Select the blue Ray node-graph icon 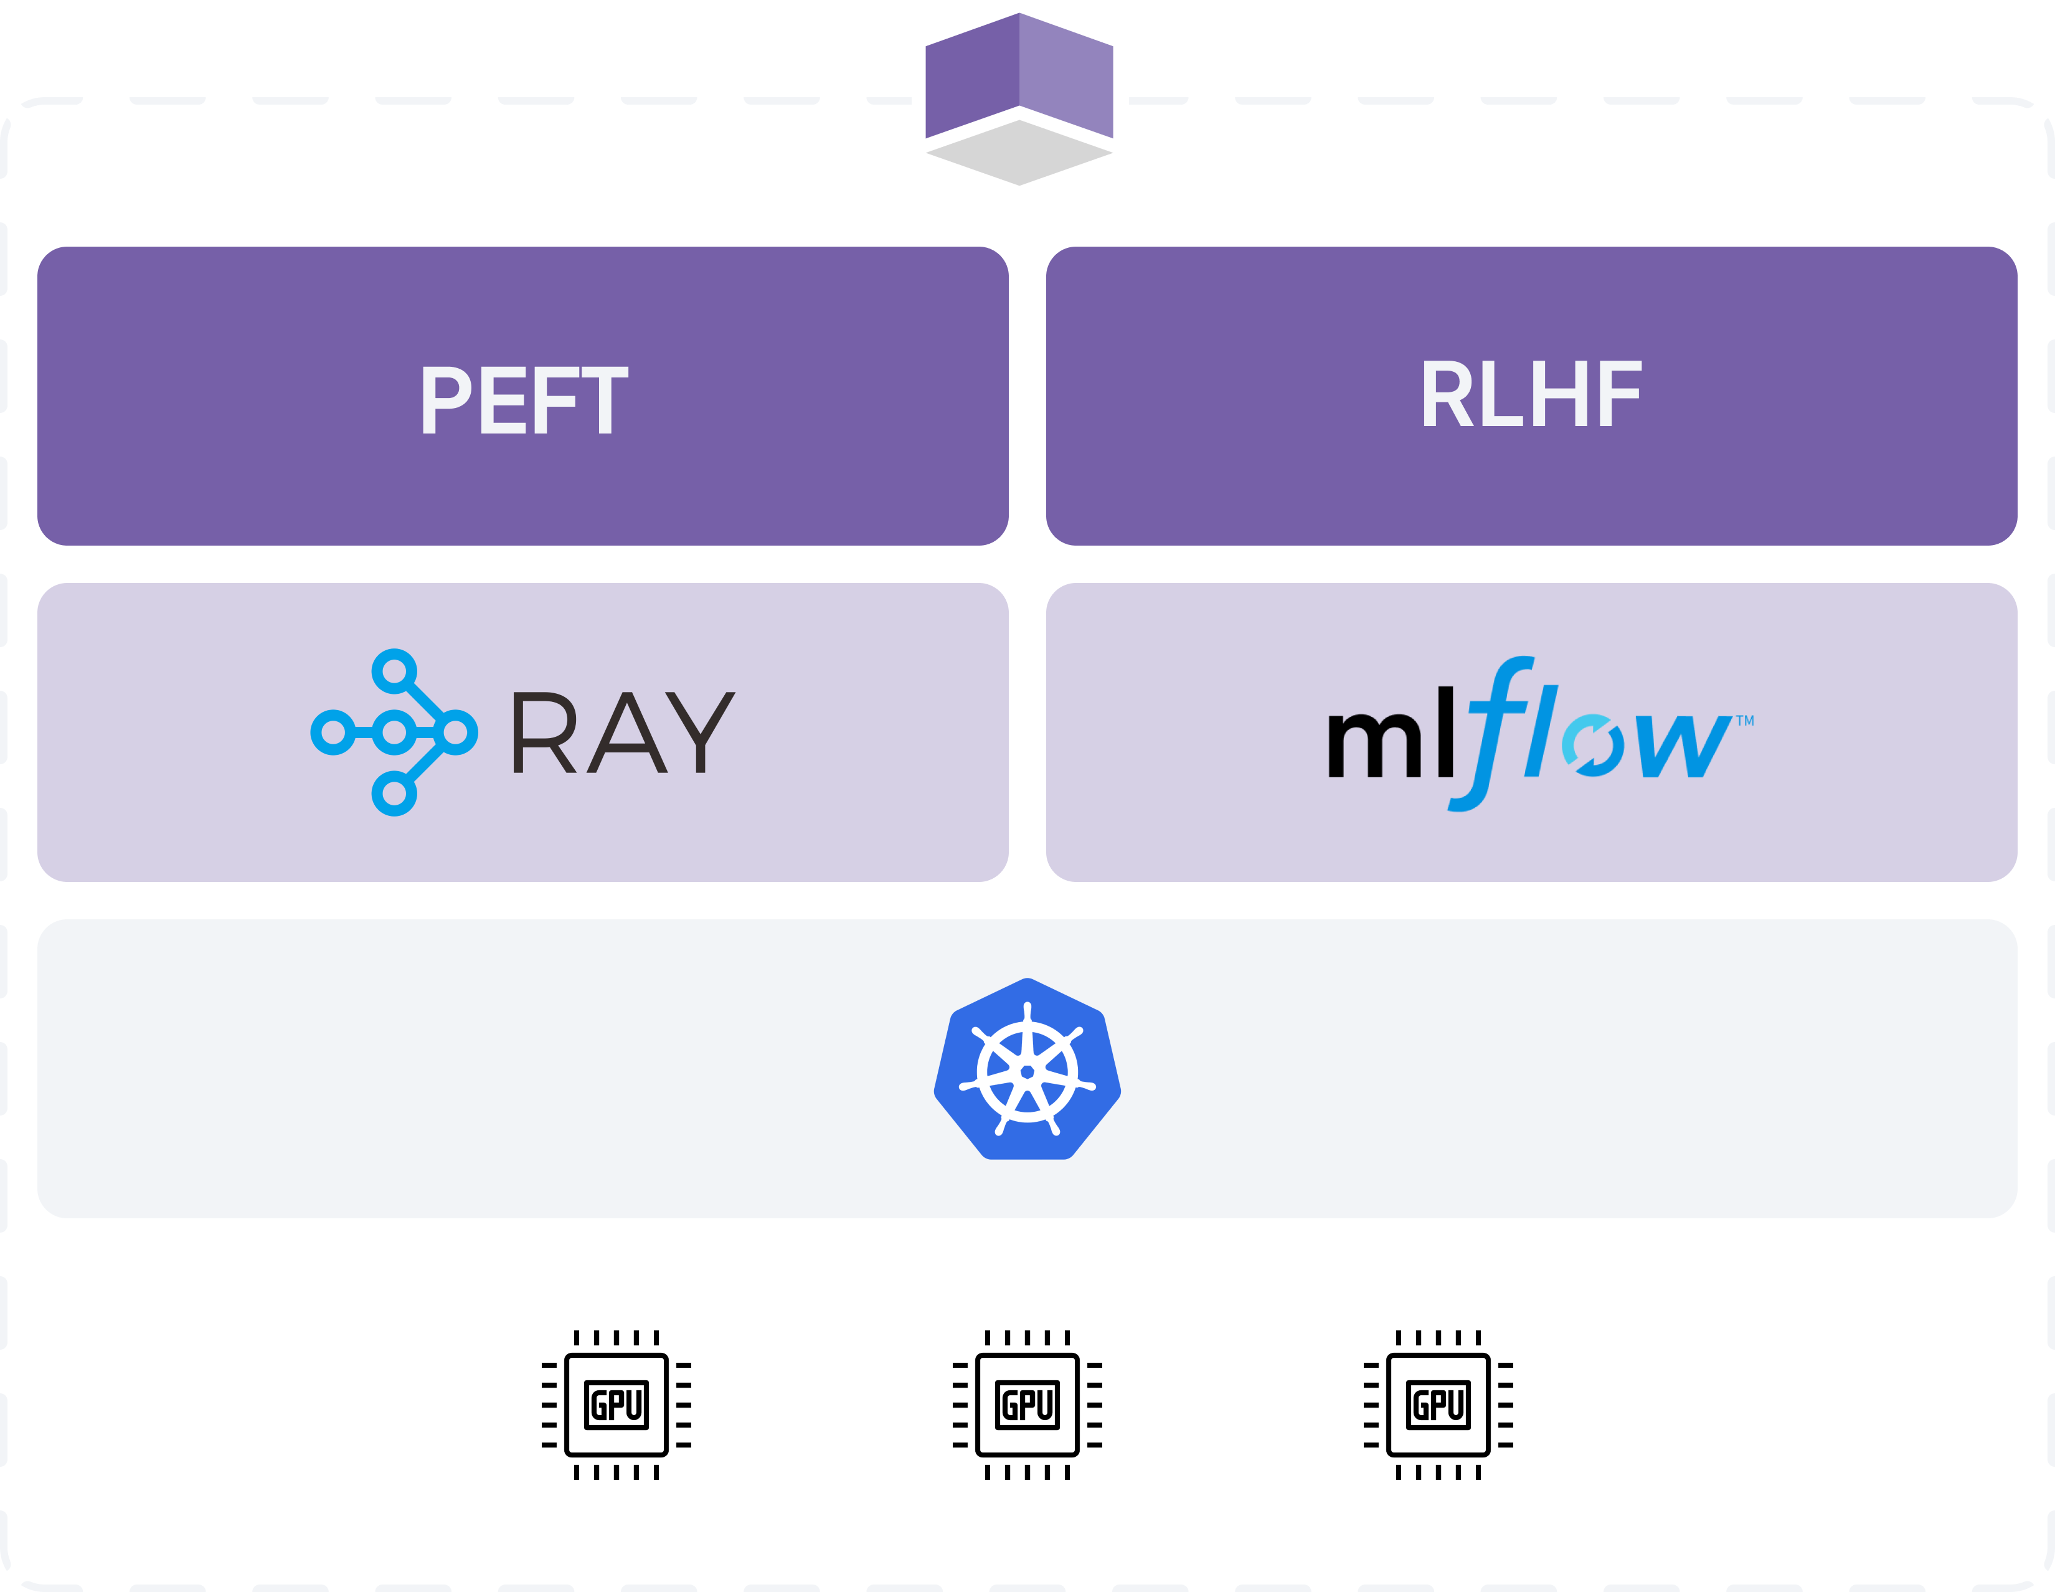coord(394,732)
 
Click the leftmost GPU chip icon coord(616,1405)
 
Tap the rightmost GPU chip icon coord(1438,1405)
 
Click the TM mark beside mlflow coord(1744,721)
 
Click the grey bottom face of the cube coord(1021,153)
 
